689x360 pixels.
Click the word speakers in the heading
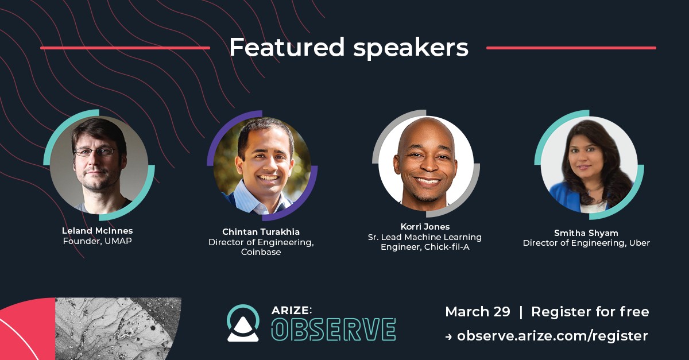point(411,49)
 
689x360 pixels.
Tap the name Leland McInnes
point(97,230)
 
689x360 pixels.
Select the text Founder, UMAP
point(97,241)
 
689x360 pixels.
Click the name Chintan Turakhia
point(261,232)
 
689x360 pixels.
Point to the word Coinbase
point(261,252)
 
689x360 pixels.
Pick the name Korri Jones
point(425,227)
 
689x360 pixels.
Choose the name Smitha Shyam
point(586,233)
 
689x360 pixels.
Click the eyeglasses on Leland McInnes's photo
point(95,152)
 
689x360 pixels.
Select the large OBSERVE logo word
point(334,330)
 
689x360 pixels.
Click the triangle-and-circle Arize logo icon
point(243,323)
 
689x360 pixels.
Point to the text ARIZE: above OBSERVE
point(292,310)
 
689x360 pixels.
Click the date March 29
point(477,312)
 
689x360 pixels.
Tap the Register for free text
point(590,312)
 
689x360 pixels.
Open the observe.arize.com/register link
point(552,336)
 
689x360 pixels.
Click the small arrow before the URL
point(448,337)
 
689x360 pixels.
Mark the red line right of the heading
point(571,48)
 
